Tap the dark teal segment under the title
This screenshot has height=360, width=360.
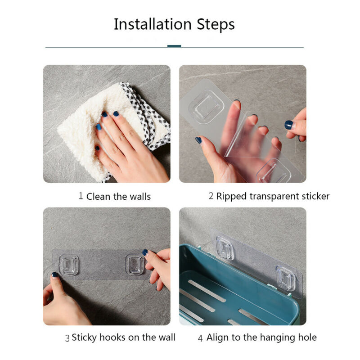point(174,46)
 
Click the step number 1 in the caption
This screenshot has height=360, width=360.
point(81,196)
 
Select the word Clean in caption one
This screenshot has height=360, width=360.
point(98,196)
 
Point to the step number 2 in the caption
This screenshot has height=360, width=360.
point(211,196)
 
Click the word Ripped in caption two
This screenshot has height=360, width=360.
point(231,196)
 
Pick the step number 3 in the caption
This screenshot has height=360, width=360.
point(67,337)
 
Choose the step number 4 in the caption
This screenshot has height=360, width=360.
point(201,337)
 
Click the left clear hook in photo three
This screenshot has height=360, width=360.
point(69,265)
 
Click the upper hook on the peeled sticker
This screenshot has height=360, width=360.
point(207,106)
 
